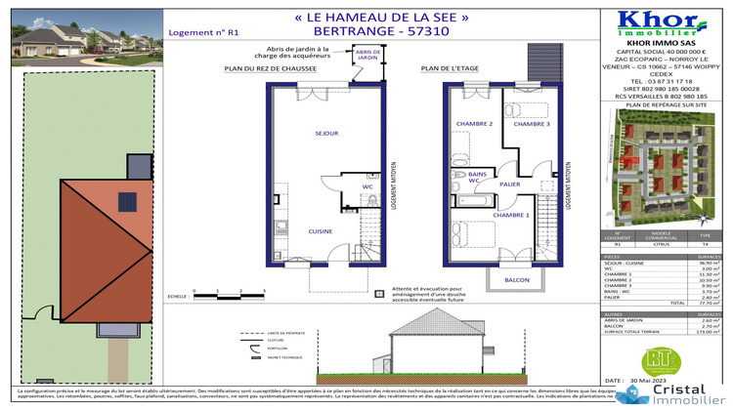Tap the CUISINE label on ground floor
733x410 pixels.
coord(321,231)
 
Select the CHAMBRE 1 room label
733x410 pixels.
coord(510,215)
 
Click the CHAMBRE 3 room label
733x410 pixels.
coord(532,125)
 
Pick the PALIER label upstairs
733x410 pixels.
coord(509,182)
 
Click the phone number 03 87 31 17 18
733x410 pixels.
coord(663,81)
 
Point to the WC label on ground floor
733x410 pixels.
coord(368,185)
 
